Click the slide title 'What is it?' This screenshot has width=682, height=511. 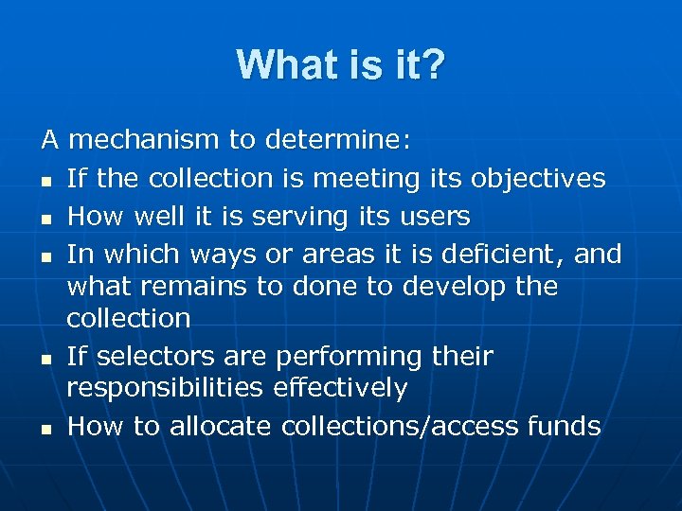(x=341, y=65)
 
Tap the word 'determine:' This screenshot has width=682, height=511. (x=338, y=141)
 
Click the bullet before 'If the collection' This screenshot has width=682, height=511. (x=45, y=180)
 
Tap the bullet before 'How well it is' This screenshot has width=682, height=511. (x=45, y=218)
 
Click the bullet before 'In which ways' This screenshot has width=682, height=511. (x=45, y=255)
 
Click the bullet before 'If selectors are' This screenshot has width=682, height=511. (x=45, y=358)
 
